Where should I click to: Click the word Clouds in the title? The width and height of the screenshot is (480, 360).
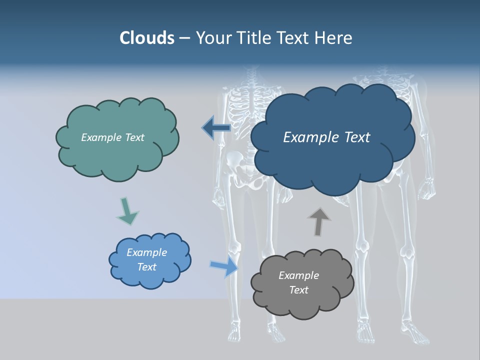[x=146, y=38]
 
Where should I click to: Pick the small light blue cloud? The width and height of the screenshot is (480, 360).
[x=149, y=260]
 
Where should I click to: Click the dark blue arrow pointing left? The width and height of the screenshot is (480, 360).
[x=216, y=128]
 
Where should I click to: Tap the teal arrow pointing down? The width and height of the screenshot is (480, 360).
[x=127, y=211]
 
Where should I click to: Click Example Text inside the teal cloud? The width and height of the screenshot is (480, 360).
[x=112, y=137]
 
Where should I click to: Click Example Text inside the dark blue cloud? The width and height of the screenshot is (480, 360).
[x=326, y=137]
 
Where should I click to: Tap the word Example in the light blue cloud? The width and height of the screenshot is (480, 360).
[x=146, y=252]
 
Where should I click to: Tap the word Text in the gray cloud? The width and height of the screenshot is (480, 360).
[x=298, y=290]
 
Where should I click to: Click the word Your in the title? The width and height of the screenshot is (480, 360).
[x=210, y=38]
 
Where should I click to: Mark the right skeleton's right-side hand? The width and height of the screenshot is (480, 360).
[x=426, y=190]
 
